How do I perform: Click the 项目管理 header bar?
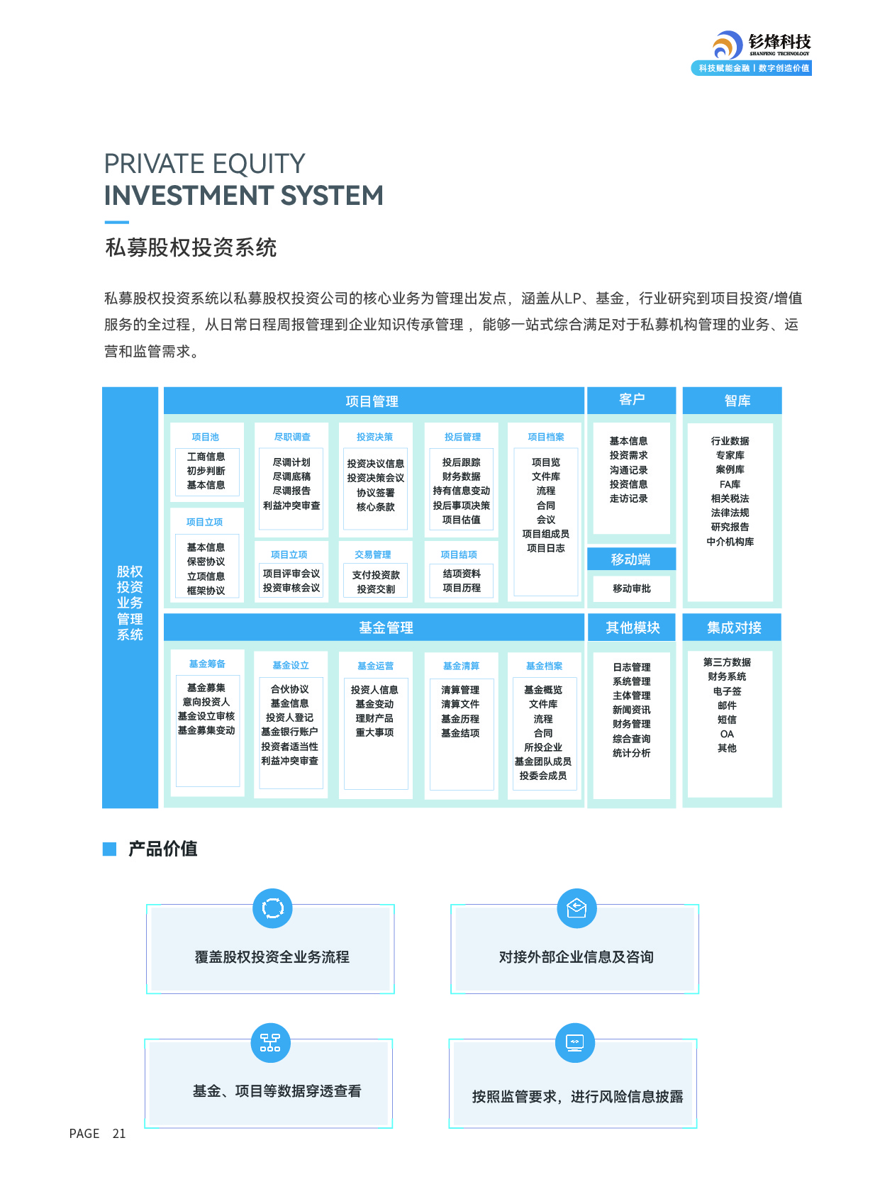[373, 401]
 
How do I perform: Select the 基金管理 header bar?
[373, 627]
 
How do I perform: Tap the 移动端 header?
[631, 559]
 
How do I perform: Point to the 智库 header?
[732, 401]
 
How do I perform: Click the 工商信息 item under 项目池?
[206, 457]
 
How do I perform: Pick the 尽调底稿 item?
[291, 476]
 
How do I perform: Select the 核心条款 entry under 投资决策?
[375, 507]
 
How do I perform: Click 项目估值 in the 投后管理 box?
[461, 520]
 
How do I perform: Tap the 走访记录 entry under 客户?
[628, 498]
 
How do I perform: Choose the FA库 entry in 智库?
[730, 484]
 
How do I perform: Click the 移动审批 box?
[631, 588]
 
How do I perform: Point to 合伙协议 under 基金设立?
[289, 689]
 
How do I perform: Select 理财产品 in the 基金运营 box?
[374, 718]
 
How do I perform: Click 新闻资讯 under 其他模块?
[631, 710]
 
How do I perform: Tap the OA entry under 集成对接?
[727, 734]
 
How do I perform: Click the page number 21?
[119, 1134]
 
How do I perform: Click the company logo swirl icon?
[727, 46]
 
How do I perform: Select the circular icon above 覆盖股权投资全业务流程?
[272, 908]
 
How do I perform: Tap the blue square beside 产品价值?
[109, 849]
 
